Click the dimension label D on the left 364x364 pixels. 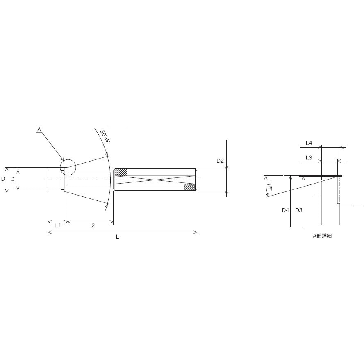click(x=3, y=179)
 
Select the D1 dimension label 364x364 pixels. click(x=13, y=179)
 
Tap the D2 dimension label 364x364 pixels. click(x=220, y=161)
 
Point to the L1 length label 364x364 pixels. click(x=58, y=226)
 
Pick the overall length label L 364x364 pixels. click(x=117, y=237)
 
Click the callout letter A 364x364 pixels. click(x=39, y=130)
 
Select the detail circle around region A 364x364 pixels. click(x=68, y=167)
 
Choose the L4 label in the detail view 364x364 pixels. click(x=309, y=143)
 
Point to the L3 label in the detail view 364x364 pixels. click(x=309, y=157)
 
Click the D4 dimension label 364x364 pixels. click(x=285, y=210)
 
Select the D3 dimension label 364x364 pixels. click(x=298, y=210)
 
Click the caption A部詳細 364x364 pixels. click(x=322, y=236)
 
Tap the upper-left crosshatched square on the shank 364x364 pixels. click(x=121, y=173)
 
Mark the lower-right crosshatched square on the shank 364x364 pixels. click(x=189, y=187)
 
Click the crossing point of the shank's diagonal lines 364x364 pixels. click(x=155, y=180)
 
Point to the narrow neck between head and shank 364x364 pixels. click(x=90, y=180)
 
